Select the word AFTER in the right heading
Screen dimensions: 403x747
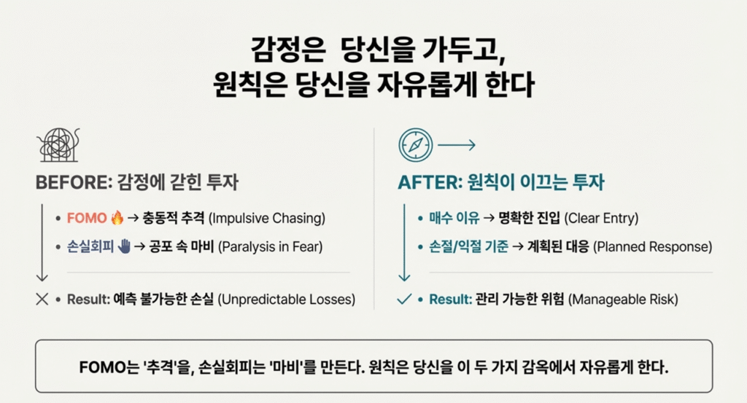(424, 182)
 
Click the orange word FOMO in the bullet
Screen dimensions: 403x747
(87, 218)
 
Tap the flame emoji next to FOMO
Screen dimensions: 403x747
(117, 217)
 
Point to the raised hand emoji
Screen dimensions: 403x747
(123, 246)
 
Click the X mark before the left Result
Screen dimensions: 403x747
(42, 299)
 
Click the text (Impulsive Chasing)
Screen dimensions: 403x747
(268, 218)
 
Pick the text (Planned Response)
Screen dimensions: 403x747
(652, 246)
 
